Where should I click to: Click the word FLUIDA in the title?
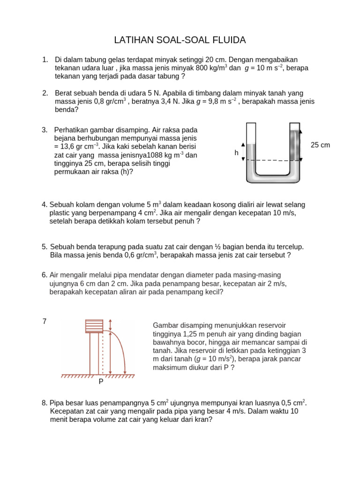(x=229, y=40)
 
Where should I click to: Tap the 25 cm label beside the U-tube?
(x=320, y=145)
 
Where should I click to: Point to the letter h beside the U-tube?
(x=237, y=153)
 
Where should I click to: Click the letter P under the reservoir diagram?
(x=101, y=382)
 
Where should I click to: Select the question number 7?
(x=45, y=321)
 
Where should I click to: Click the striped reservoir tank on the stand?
(x=94, y=326)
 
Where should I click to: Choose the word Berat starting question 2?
(x=64, y=93)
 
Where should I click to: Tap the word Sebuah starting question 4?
(x=61, y=204)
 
